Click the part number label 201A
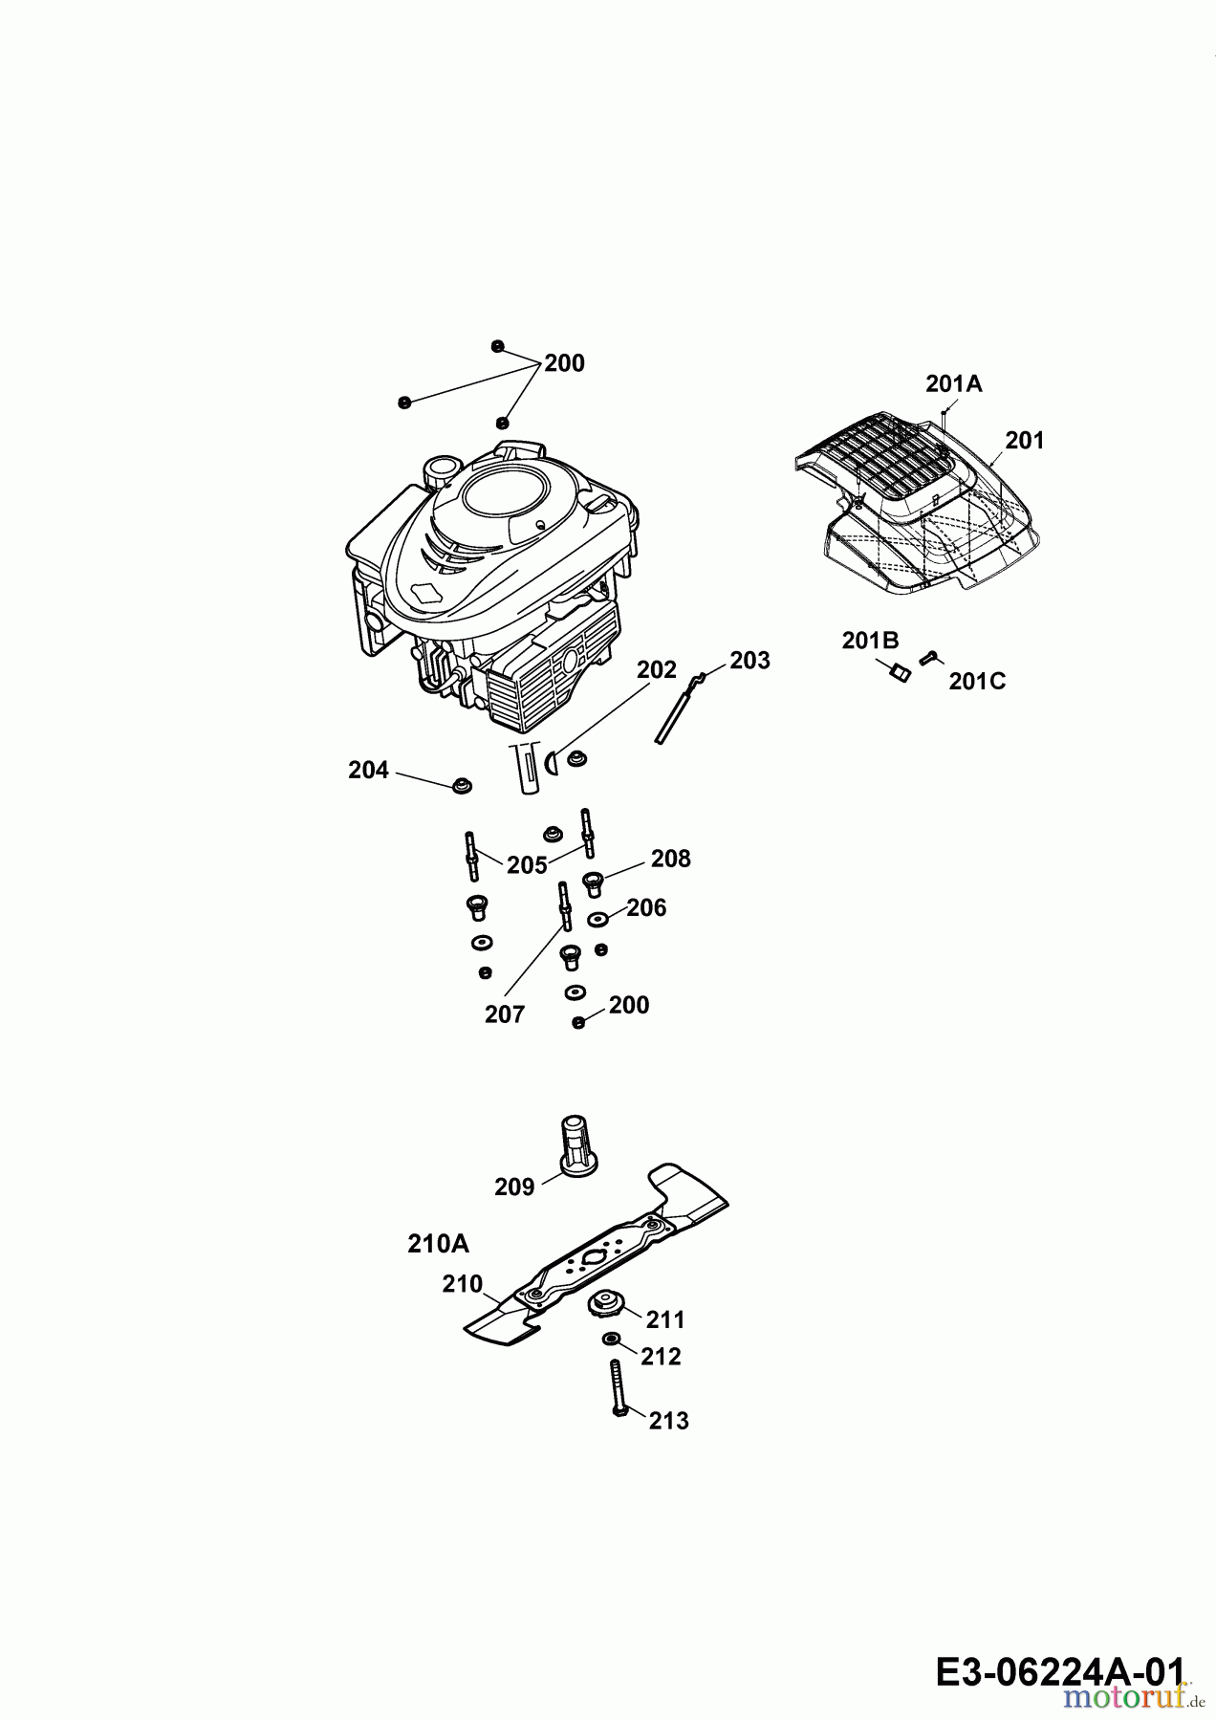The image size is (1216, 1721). [x=953, y=384]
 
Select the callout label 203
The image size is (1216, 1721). [x=749, y=661]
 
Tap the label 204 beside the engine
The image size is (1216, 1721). [x=368, y=771]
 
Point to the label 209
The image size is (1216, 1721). [x=514, y=1187]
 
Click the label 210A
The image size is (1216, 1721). [x=438, y=1244]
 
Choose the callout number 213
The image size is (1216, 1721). [x=668, y=1422]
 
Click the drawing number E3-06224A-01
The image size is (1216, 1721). [x=1060, y=1672]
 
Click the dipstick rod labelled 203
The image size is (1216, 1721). [x=679, y=707]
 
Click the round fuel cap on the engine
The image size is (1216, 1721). [x=443, y=471]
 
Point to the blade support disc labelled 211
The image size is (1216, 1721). [x=604, y=1303]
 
